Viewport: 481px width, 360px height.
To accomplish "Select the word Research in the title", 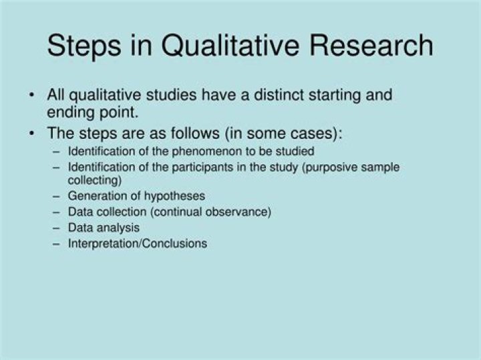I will pos(369,46).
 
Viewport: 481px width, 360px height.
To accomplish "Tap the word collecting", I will pos(94,180).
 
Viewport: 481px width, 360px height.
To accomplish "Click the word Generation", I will pos(96,196).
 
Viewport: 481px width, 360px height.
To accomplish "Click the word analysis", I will pos(118,228).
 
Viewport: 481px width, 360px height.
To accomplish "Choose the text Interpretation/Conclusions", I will pos(138,244).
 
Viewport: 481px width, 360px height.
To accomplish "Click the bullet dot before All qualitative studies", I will pos(32,95).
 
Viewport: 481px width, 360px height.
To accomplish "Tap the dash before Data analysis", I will pos(56,228).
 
